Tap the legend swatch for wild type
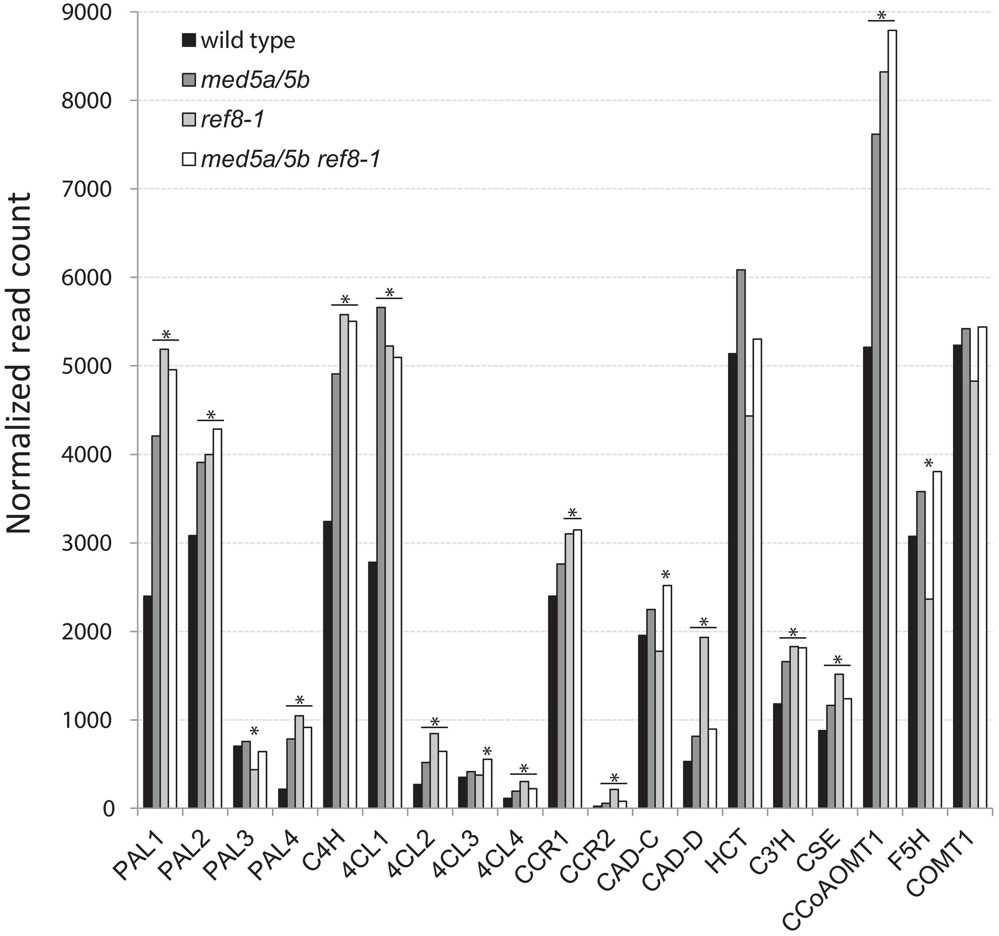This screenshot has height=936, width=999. (188, 41)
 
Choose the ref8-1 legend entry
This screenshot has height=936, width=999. (232, 120)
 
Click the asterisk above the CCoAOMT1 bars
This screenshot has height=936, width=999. (881, 15)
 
